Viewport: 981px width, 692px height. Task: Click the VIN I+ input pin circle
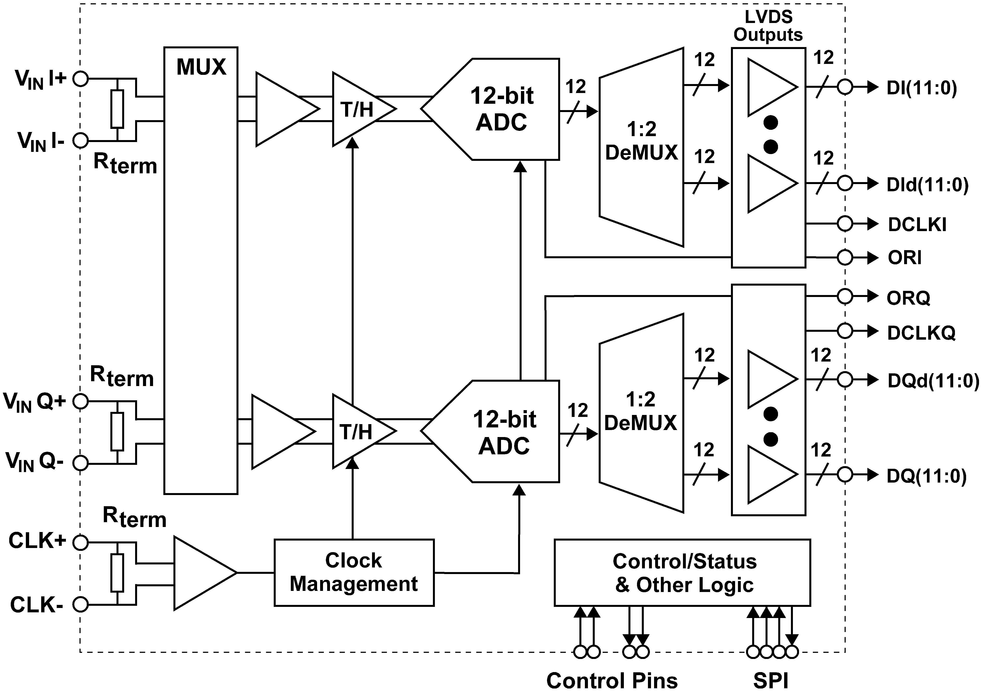tap(80, 79)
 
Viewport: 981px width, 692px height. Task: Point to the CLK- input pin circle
tap(80, 604)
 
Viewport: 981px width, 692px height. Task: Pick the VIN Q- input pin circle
tap(80, 463)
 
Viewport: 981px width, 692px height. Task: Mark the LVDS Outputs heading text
tap(768, 26)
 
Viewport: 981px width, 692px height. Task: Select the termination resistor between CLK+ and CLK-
tap(117, 573)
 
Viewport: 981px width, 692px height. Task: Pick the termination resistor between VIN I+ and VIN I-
tap(117, 109)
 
